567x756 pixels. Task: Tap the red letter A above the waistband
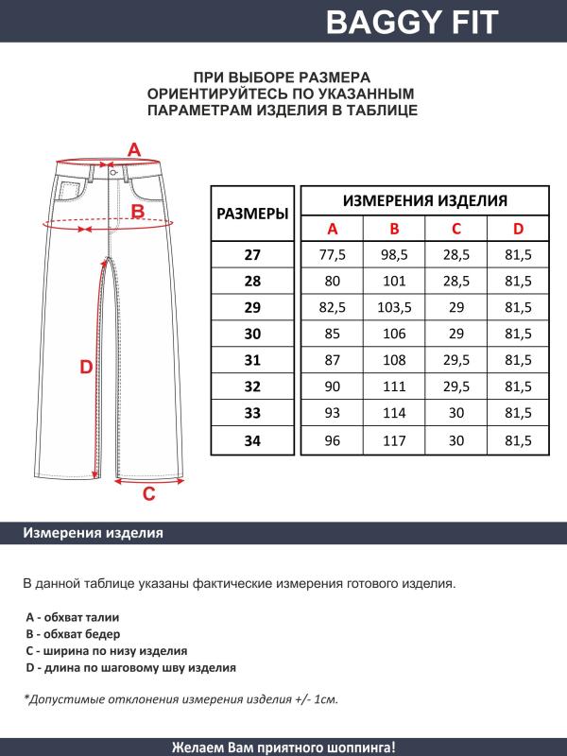[x=134, y=149]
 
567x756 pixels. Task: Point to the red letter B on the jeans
[x=138, y=212]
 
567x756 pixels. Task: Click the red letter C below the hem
[x=148, y=493]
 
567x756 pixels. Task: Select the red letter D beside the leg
[x=85, y=368]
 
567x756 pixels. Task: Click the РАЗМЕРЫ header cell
[x=252, y=214]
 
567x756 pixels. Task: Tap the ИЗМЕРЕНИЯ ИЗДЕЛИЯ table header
[x=424, y=200]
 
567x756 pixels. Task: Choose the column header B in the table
[x=394, y=229]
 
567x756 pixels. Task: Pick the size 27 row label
[x=252, y=255]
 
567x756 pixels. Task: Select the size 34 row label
[x=252, y=440]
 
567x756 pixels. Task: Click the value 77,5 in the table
[x=332, y=255]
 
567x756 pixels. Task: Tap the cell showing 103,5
[x=394, y=308]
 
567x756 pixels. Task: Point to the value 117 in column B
[x=394, y=440]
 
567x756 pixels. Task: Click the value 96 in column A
[x=332, y=440]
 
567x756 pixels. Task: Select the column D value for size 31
[x=518, y=361]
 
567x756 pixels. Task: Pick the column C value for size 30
[x=455, y=335]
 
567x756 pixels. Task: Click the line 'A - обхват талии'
[x=72, y=616]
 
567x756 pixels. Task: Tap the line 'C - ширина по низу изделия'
[x=106, y=651]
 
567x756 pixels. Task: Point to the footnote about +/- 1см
[x=180, y=700]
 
